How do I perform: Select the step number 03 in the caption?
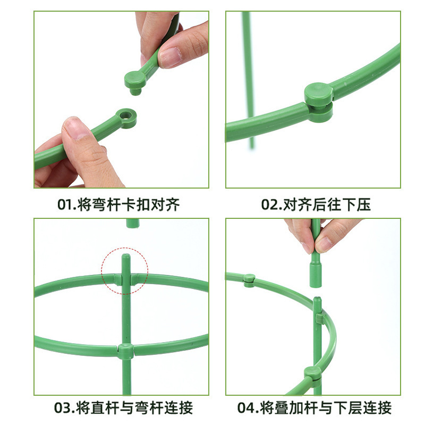[63, 408]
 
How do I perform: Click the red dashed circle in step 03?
[125, 270]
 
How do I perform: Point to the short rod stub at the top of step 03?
[132, 223]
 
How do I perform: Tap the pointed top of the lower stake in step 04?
[317, 300]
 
